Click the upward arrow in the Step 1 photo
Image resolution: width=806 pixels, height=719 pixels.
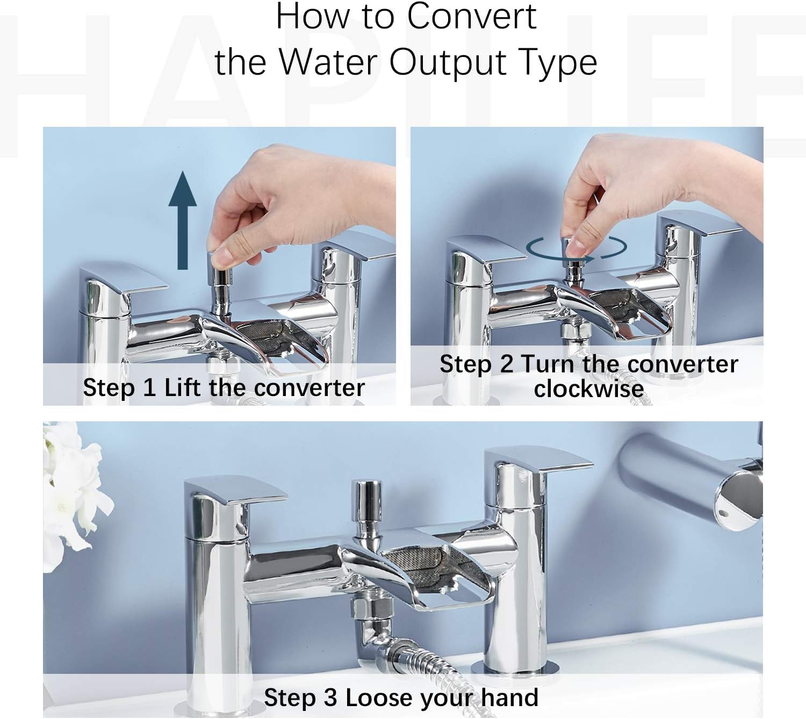tap(183, 220)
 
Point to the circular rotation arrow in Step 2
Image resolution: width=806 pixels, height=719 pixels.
tap(577, 248)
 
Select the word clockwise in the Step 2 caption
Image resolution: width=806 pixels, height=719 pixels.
tap(588, 389)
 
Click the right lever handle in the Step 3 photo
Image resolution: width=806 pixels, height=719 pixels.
tap(537, 461)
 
